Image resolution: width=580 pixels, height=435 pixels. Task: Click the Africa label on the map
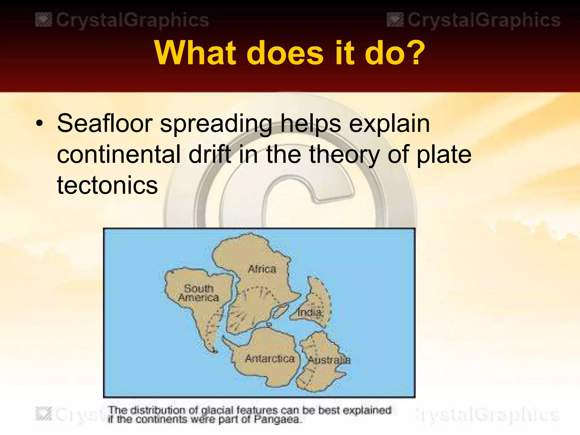pos(262,269)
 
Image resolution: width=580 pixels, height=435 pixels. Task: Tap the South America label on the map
pos(199,293)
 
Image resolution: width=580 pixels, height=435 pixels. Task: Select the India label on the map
pos(310,312)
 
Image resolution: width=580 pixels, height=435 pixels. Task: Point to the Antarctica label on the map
pos(270,359)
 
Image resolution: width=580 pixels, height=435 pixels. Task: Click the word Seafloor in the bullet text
pos(105,123)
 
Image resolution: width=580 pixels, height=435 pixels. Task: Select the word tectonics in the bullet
pos(107,185)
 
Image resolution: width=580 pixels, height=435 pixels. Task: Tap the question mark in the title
pos(414,53)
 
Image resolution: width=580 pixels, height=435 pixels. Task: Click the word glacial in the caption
pos(217,410)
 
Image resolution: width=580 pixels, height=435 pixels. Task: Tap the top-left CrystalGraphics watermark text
pos(132,20)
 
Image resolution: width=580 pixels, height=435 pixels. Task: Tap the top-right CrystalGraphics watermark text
pos(484,20)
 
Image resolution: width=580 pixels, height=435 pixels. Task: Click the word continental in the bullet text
pos(119,154)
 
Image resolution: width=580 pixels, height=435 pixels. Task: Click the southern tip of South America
pos(214,351)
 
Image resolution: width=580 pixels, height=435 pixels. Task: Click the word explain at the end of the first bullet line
pos(389,124)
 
